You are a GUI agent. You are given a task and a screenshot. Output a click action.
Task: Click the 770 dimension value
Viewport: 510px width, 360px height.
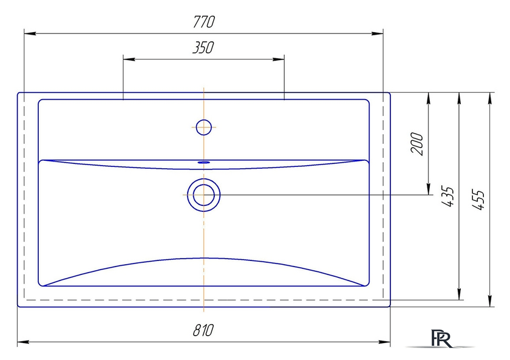[204, 22]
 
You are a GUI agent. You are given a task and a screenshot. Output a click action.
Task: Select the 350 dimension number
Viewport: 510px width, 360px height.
[203, 47]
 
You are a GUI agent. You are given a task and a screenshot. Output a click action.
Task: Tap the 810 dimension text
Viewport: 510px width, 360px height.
[203, 330]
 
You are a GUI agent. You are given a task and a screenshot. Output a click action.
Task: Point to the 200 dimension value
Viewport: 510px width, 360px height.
[417, 144]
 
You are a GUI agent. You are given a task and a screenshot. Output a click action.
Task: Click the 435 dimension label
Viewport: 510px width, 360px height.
[447, 197]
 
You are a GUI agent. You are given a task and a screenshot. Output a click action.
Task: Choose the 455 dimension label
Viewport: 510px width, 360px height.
[478, 200]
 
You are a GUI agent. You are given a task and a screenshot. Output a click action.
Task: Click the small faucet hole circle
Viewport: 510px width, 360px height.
[204, 127]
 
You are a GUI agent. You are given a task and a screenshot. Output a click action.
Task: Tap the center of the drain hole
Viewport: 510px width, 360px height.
[203, 195]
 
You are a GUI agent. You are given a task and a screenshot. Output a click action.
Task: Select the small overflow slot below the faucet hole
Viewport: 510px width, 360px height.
[204, 161]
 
